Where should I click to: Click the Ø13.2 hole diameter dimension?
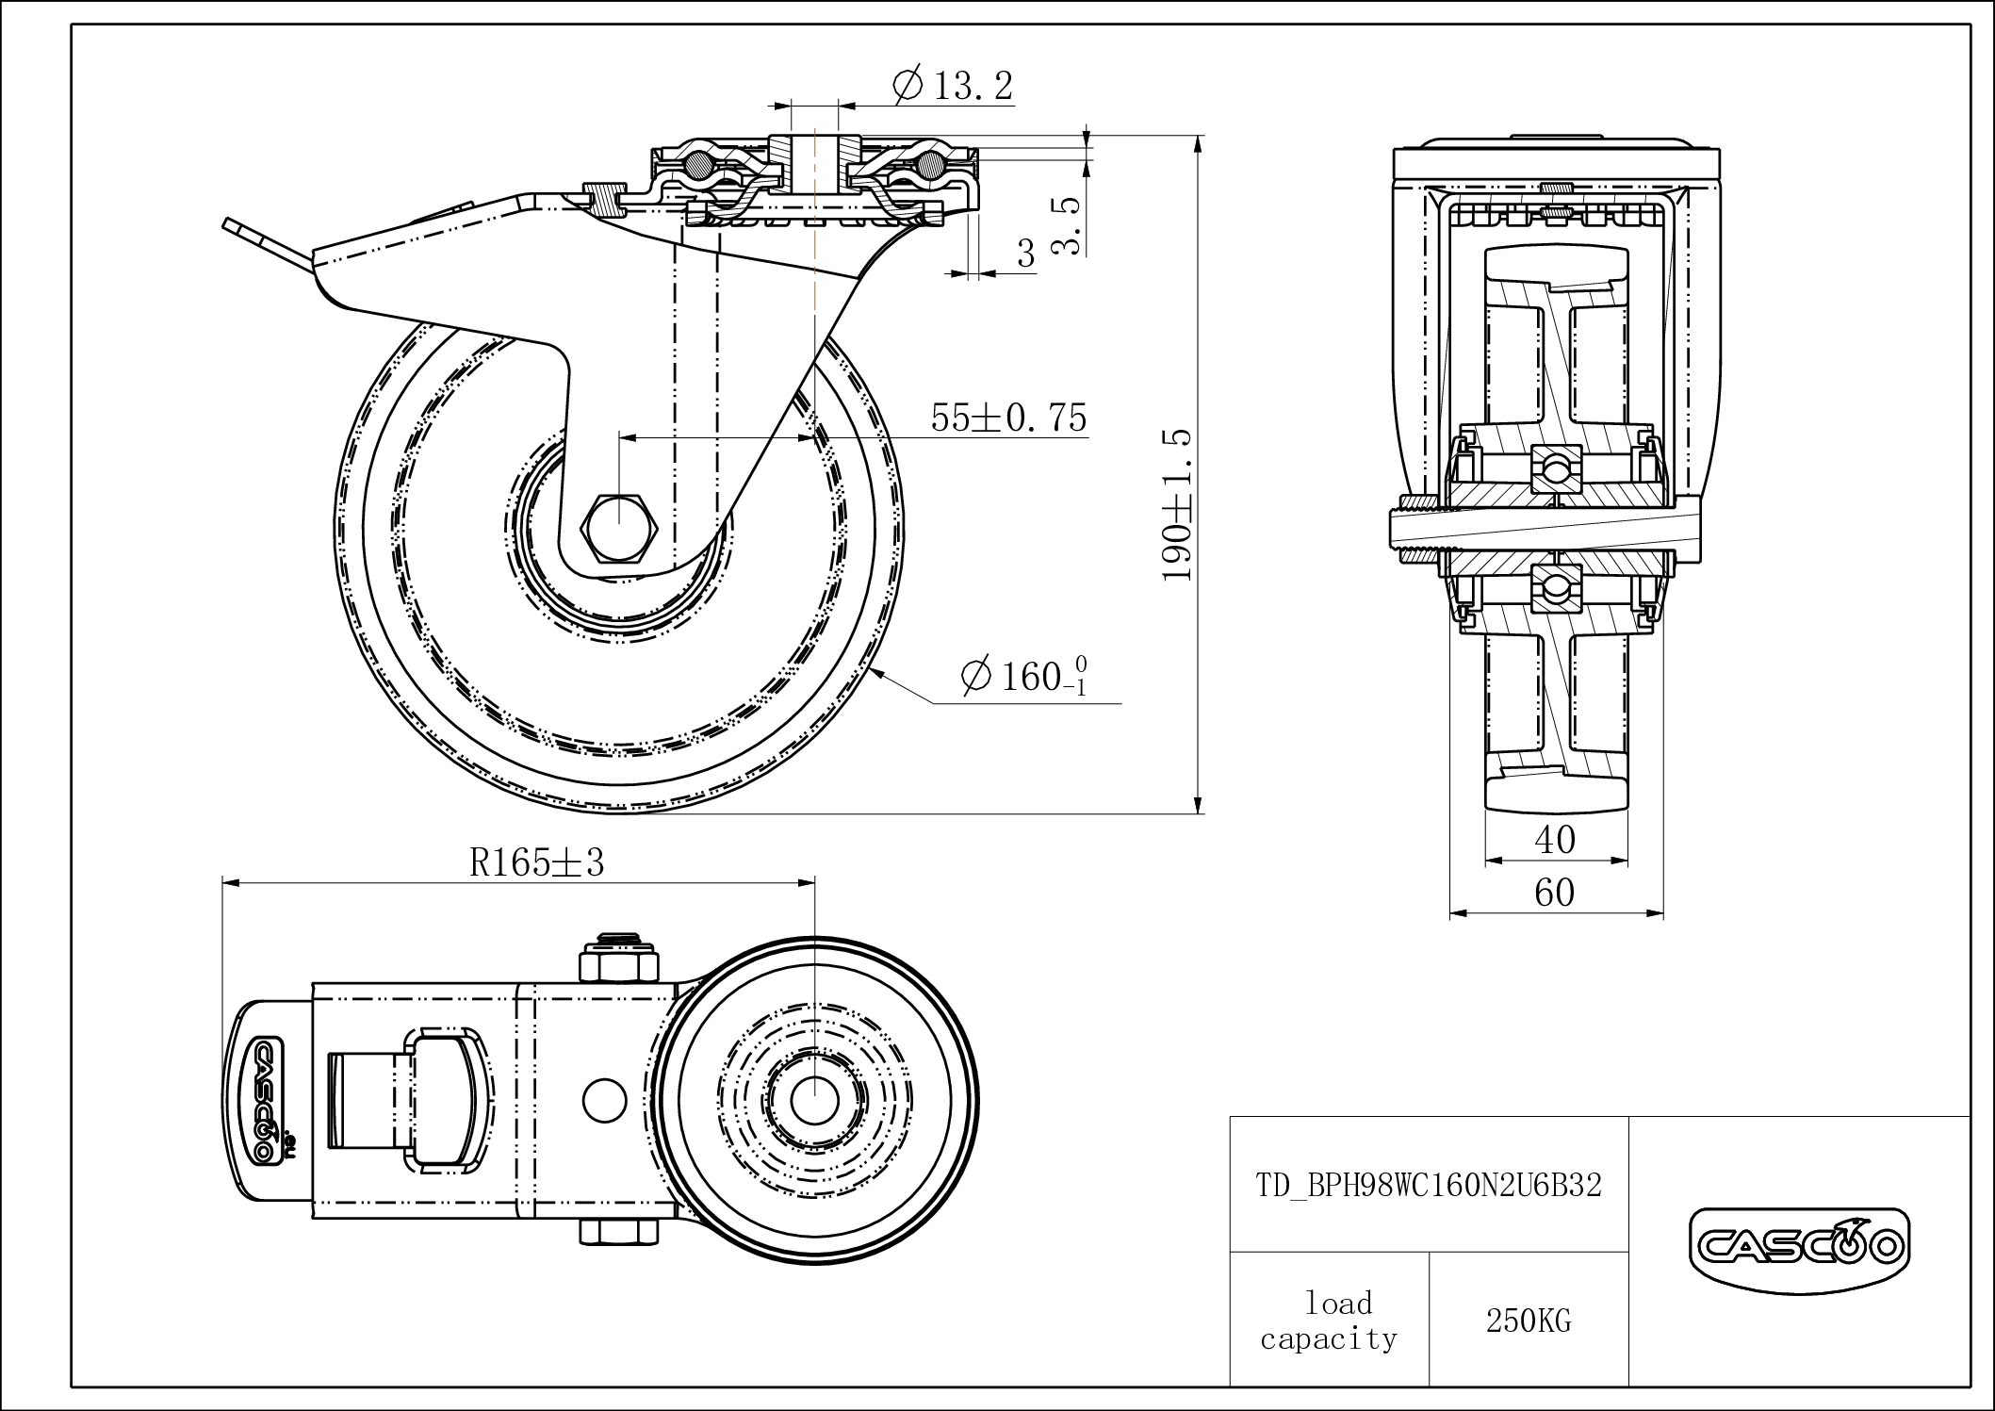point(952,87)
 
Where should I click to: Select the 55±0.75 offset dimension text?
point(1008,418)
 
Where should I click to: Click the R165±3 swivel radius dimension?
point(536,861)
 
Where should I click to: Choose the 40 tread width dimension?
point(1555,840)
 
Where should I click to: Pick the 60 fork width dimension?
point(1555,892)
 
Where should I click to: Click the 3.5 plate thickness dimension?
point(1065,226)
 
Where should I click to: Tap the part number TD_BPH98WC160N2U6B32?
point(1429,1186)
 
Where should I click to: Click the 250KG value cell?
point(1529,1321)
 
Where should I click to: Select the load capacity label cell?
point(1329,1321)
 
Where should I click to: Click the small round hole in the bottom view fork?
point(604,1099)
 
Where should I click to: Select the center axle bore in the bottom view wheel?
point(811,1099)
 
